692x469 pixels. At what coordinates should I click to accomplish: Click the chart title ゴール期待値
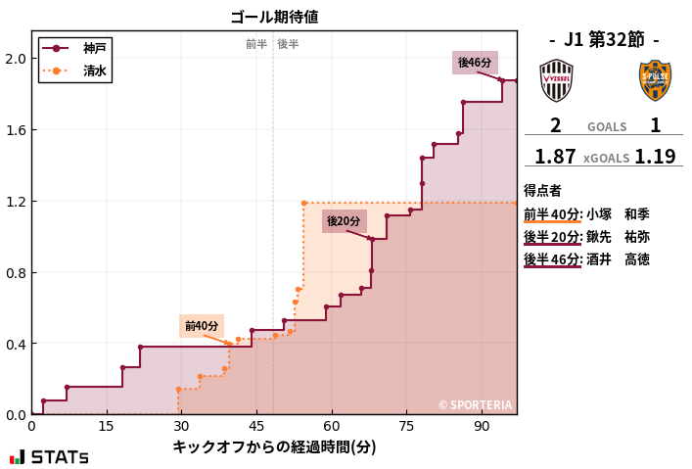tap(274, 17)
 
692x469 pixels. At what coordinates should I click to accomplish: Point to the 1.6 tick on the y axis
tap(16, 130)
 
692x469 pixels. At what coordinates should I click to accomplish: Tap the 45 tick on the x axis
tap(256, 427)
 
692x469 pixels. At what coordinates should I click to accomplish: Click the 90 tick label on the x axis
tap(482, 427)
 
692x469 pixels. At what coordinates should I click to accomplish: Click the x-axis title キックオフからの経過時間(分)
tap(274, 447)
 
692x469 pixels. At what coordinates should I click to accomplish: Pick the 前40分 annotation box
tap(202, 326)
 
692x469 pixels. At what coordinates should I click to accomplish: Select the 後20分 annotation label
tap(344, 221)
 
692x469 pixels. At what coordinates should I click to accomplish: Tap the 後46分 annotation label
tap(475, 63)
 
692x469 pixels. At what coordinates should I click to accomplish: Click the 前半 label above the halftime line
tap(256, 44)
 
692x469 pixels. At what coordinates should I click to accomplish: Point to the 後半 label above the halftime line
tap(288, 44)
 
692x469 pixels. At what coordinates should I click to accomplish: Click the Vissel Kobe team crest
tap(556, 80)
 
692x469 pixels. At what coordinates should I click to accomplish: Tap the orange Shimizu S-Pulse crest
tap(655, 80)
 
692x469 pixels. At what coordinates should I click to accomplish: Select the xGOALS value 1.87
tap(555, 157)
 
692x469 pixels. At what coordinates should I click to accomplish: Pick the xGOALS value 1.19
tap(655, 157)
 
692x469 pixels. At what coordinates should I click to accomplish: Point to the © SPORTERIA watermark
tap(474, 404)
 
